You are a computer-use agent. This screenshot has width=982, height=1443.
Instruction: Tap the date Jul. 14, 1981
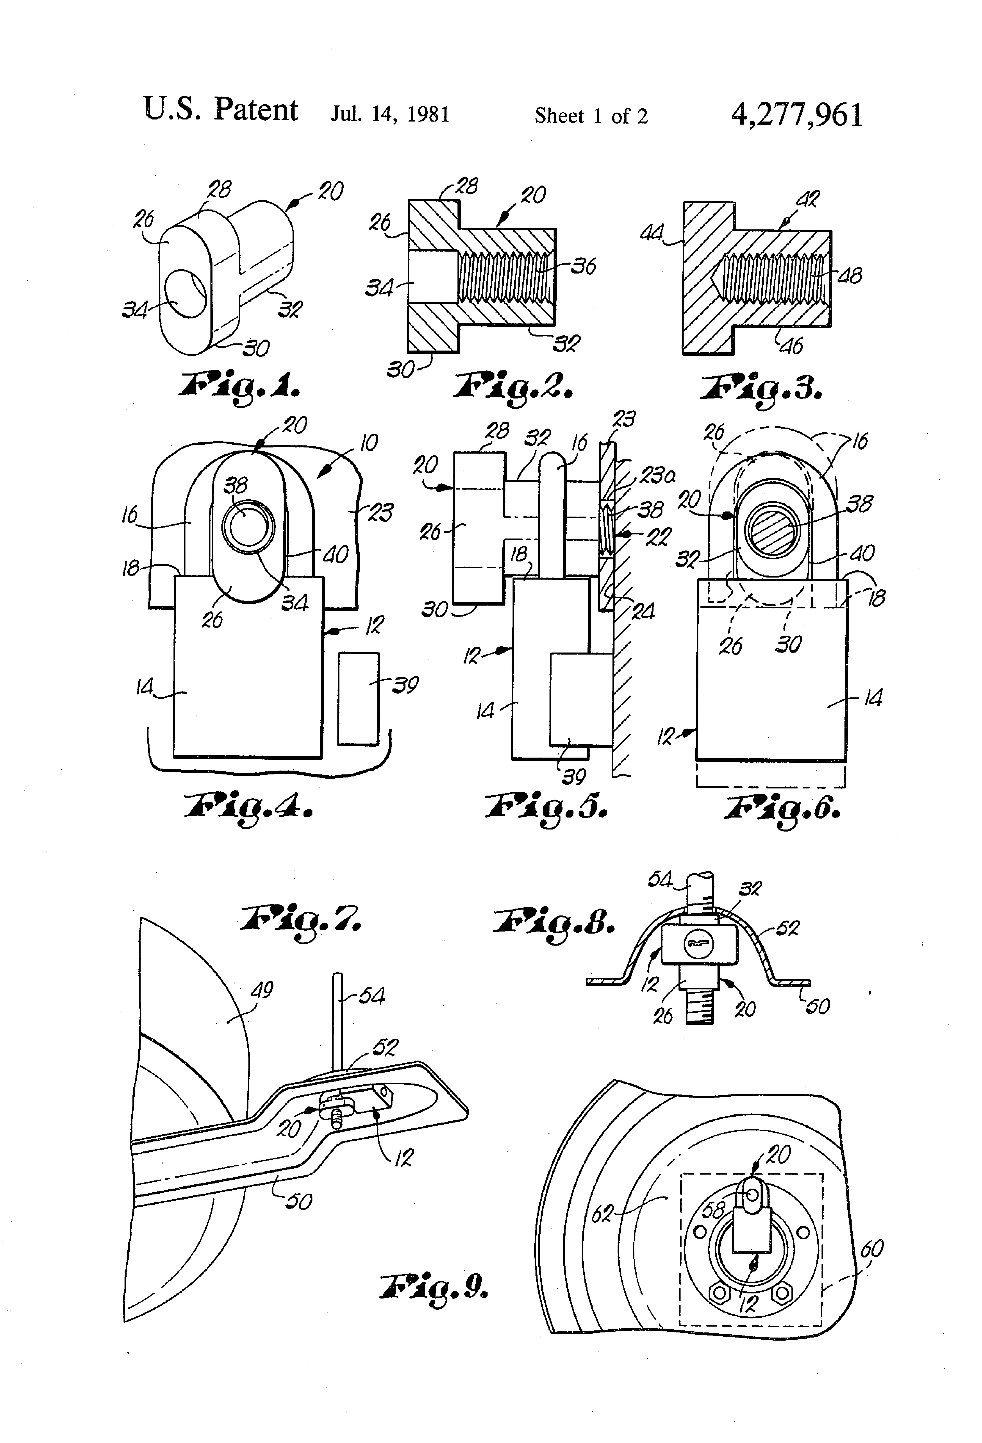pyautogui.click(x=390, y=115)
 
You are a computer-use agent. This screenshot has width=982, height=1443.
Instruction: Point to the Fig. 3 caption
pyautogui.click(x=762, y=388)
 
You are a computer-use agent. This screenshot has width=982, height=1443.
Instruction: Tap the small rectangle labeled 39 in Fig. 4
pyautogui.click(x=358, y=698)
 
